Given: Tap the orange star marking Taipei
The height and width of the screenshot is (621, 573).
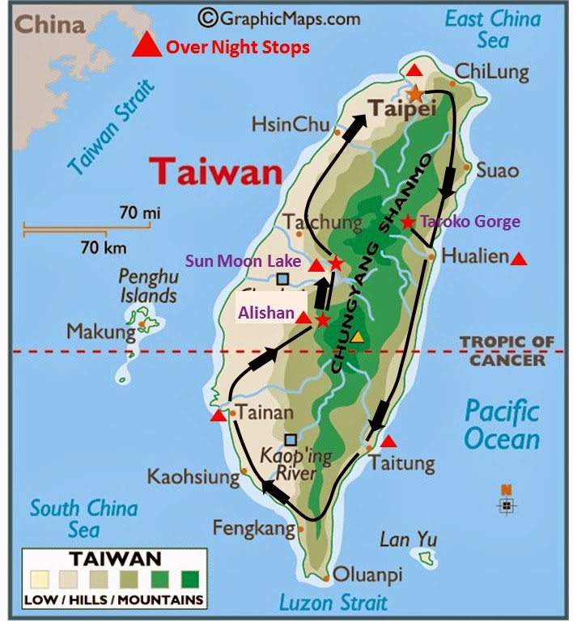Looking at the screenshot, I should coord(415,94).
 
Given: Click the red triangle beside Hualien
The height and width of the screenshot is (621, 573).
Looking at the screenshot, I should coord(519,259).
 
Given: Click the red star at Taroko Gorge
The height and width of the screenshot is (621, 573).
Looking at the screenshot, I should coord(408,222).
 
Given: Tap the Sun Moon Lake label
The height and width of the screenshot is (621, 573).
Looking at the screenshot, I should coord(244,261).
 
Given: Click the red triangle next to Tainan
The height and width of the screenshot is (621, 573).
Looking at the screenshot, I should coord(218,416).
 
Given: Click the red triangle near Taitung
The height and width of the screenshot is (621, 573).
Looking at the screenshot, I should coord(388,441).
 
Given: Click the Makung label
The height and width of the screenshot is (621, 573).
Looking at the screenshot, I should coord(101,332).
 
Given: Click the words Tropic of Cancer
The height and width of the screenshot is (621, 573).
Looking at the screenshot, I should coord(507,351).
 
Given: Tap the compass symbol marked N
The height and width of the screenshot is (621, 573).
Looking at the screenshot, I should coord(507,502).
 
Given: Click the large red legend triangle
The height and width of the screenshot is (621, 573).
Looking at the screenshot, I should coord(146,45).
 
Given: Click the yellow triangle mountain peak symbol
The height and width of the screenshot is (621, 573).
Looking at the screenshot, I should coord(356,336).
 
